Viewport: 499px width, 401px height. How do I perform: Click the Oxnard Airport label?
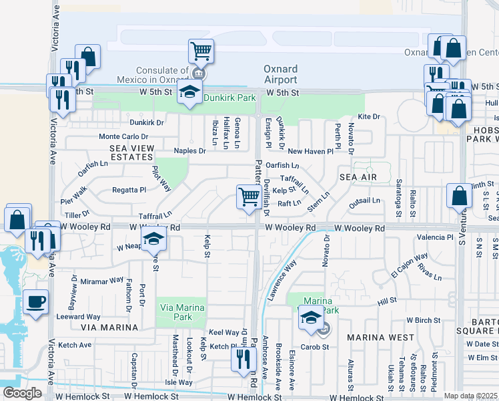pyautogui.click(x=281, y=74)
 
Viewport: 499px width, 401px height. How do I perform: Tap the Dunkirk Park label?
pyautogui.click(x=229, y=98)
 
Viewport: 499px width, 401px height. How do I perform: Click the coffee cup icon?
pyautogui.click(x=35, y=301)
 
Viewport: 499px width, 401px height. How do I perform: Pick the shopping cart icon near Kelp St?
pyautogui.click(x=249, y=197)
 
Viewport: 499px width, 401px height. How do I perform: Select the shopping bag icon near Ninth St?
pyautogui.click(x=460, y=196)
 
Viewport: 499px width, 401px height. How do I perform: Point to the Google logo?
pyautogui.click(x=21, y=392)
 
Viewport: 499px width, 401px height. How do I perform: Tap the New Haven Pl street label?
pyautogui.click(x=310, y=152)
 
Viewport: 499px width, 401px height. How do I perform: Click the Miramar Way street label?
pyautogui.click(x=101, y=281)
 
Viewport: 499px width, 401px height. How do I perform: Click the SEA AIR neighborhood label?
pyautogui.click(x=358, y=177)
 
